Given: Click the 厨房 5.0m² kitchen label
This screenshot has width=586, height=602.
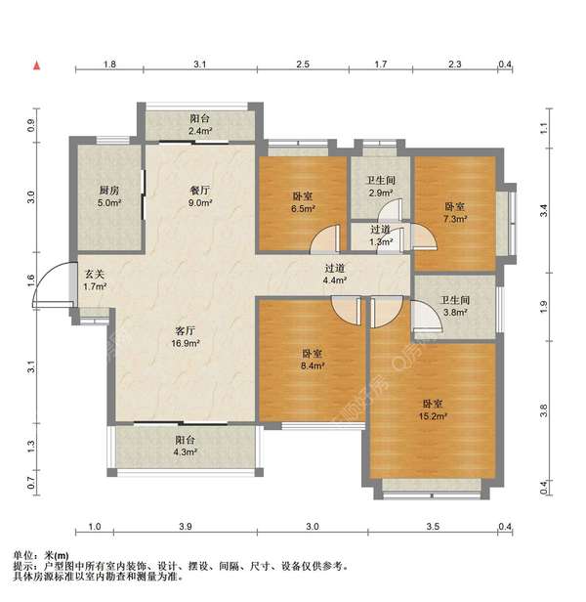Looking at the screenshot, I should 107,196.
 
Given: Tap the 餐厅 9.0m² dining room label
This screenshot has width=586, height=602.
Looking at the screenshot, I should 201,196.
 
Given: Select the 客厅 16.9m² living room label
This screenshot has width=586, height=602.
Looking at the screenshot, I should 186,336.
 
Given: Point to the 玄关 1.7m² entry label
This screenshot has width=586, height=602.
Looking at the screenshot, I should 94,280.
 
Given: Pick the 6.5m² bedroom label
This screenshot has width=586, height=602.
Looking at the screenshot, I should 303,202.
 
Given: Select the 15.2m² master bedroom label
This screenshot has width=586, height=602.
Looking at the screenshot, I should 435,409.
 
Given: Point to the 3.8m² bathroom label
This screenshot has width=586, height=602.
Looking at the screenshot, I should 455,307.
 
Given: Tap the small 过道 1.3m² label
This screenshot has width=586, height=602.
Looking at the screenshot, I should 380,236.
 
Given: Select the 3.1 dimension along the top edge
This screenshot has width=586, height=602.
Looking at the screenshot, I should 198,64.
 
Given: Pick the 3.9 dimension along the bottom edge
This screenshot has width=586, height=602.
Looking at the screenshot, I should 186,528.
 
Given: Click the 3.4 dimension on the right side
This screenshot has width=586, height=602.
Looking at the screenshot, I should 544,209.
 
